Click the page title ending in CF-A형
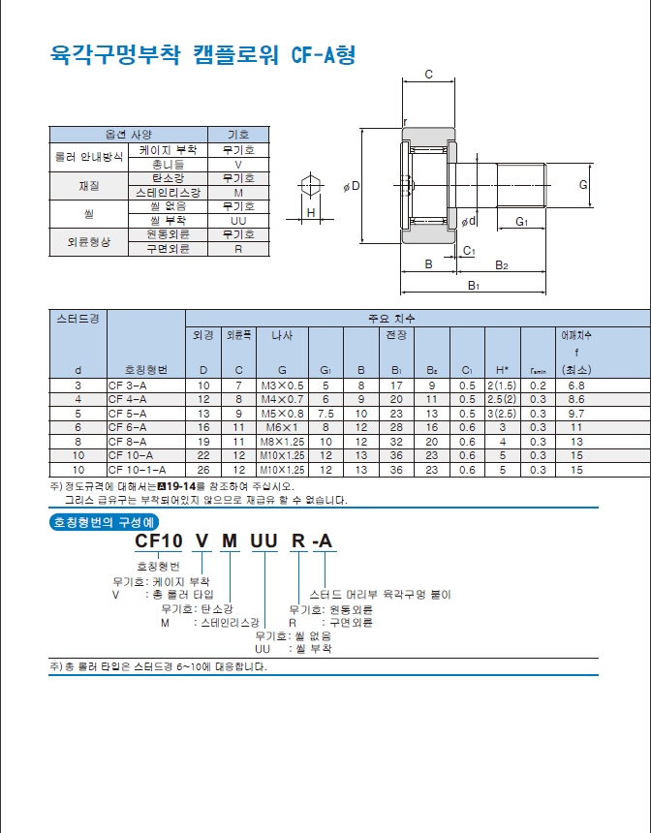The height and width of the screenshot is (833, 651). [202, 54]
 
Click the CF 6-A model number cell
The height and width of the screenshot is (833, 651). [127, 428]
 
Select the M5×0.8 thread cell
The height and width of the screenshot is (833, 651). [282, 414]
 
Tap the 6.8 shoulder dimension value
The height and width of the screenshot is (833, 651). [576, 386]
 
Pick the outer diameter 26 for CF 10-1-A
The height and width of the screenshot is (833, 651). [203, 470]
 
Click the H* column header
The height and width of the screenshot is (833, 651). [502, 370]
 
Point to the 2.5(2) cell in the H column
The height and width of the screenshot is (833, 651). [502, 399]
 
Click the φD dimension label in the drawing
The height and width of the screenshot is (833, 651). [352, 187]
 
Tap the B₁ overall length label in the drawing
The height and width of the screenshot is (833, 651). [474, 286]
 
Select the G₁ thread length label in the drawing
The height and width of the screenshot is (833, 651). [522, 222]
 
